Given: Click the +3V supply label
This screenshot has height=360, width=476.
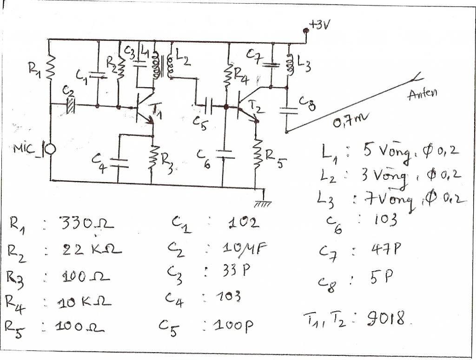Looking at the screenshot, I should click(319, 26).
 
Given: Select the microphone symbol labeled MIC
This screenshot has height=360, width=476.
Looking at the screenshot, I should click(49, 149).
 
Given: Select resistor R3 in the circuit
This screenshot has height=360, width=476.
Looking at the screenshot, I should click(153, 158).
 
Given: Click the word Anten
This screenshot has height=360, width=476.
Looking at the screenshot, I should click(422, 95).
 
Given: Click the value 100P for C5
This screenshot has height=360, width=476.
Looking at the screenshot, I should click(233, 325).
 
